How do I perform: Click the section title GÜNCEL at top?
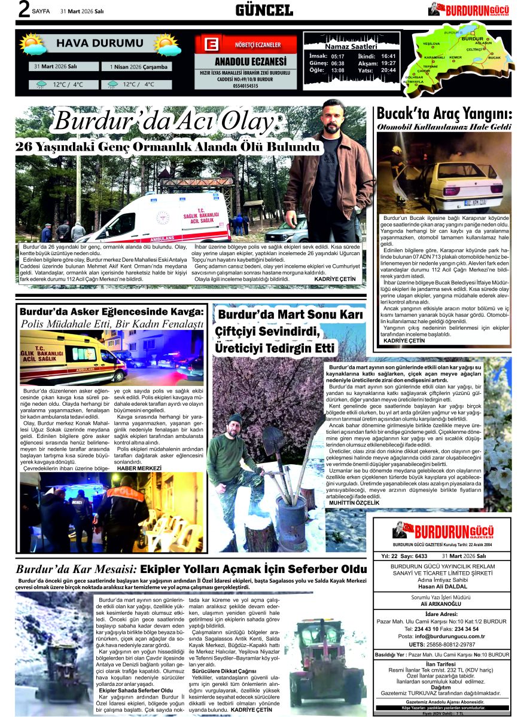pos(264,10)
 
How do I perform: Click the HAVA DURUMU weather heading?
pos(96,44)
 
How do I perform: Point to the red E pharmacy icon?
pos(210,45)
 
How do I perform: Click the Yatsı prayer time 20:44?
pos(389,71)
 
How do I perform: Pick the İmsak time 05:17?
pos(337,56)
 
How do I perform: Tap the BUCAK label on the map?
pos(494,57)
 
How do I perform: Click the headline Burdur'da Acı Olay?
pos(166,122)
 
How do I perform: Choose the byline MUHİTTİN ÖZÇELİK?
pos(354,502)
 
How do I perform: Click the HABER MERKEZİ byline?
pos(139,468)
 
